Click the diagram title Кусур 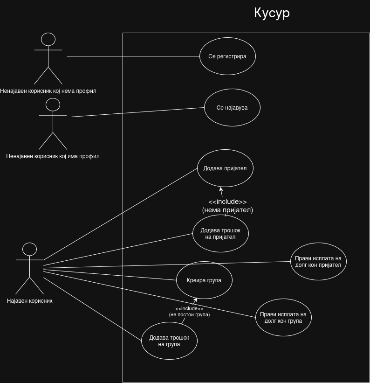[272, 13]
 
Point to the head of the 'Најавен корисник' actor [29, 250]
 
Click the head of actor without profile [48, 39]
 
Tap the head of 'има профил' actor [53, 105]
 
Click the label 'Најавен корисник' [29, 301]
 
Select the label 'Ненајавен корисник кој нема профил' [48, 91]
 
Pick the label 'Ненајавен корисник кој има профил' [53, 156]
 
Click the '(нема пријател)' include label [227, 210]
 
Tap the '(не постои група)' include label [189, 314]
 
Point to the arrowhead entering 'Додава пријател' [221, 189]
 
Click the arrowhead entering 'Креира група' [195, 300]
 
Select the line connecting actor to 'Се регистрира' [133, 56]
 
